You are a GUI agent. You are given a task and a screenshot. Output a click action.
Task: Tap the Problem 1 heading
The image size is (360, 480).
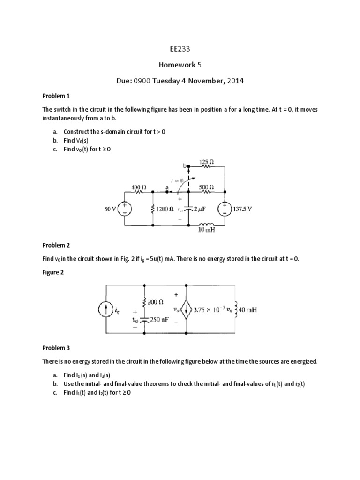pos(56,96)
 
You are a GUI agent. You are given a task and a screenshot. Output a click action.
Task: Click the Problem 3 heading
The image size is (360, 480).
pos(56,348)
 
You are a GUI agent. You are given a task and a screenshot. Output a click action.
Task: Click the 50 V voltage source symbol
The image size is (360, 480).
pos(125,209)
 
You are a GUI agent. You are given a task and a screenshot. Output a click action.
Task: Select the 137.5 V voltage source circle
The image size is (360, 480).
pos(225,209)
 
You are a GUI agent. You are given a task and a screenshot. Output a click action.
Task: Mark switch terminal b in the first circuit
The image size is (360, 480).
pos(189,166)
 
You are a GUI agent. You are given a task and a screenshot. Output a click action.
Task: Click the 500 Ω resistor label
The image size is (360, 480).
pos(207,186)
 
